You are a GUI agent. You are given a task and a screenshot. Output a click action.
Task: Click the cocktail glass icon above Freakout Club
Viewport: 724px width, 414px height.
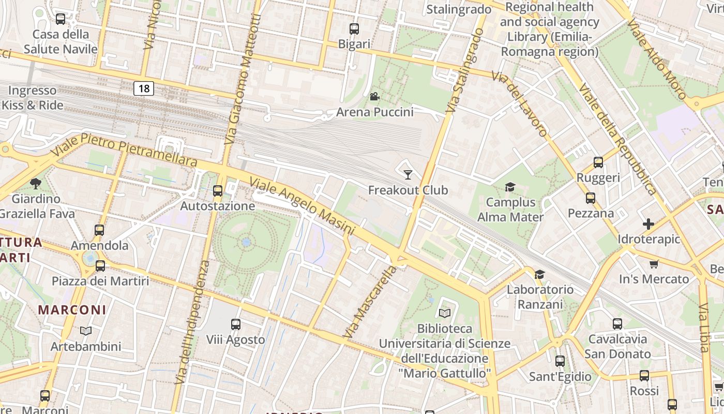[408, 174]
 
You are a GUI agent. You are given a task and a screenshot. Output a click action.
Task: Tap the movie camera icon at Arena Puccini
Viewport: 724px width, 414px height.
[374, 96]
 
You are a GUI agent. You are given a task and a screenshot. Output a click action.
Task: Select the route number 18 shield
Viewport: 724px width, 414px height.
[144, 88]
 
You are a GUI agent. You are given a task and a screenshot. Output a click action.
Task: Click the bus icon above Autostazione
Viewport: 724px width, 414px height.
[218, 190]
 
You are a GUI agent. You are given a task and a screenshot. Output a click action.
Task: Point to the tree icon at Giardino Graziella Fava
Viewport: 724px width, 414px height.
[36, 183]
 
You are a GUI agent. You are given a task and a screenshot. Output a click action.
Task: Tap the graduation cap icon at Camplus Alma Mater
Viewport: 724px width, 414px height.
[510, 187]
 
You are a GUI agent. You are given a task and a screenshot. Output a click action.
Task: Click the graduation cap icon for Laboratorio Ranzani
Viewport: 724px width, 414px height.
[539, 274]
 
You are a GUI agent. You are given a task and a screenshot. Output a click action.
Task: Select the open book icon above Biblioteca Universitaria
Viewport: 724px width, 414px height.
[444, 313]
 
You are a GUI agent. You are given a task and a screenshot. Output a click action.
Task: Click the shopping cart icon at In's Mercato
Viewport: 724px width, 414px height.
[654, 264]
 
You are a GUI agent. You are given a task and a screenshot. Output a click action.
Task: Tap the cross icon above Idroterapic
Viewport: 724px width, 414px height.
[648, 224]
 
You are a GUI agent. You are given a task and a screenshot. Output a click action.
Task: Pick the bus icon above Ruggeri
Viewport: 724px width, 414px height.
[598, 162]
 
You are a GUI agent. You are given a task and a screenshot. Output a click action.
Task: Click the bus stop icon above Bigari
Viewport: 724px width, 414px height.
[354, 29]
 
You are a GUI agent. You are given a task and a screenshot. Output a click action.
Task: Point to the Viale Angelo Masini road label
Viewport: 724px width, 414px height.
[302, 205]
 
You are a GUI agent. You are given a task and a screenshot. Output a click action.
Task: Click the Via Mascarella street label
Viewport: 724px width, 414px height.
[370, 302]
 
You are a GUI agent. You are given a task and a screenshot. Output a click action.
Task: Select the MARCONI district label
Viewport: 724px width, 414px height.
[72, 310]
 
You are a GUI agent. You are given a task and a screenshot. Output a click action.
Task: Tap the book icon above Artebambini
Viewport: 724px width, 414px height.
[86, 331]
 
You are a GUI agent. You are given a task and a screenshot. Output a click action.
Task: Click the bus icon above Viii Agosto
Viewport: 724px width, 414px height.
[235, 324]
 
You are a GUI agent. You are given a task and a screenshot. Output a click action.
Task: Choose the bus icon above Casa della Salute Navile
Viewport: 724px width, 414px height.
[61, 19]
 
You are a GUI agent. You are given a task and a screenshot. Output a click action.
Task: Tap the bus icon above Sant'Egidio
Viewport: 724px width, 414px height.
[560, 361]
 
